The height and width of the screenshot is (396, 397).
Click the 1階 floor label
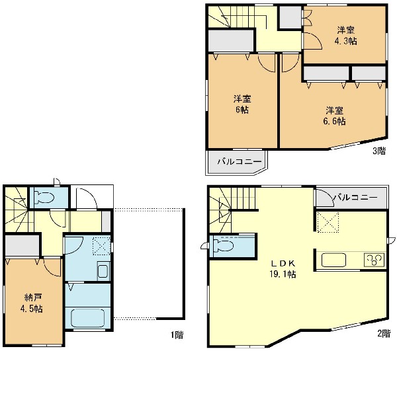pos(177,335)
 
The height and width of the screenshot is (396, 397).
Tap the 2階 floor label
pos(384,333)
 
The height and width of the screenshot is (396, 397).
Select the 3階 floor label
pos(379,151)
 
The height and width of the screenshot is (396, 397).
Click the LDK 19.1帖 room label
pos(283,268)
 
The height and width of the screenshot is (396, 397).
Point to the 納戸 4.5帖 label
pos(32,303)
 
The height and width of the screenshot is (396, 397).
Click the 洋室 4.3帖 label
pos(345,36)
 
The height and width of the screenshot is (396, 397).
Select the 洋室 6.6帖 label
pos(334,116)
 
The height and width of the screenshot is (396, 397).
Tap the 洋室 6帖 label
pos(242,104)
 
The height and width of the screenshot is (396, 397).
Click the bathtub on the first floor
pos(88,318)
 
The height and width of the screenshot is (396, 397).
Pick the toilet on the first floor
pos(44,197)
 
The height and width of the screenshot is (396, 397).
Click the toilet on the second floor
pos(223,245)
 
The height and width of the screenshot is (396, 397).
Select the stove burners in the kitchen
pos(375,260)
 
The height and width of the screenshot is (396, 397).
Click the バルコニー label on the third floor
pos(240,161)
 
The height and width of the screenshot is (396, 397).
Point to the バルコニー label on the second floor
pos(355,197)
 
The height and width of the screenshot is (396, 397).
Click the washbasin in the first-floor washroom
pos(103,270)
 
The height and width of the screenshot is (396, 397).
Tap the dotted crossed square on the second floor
pos(328,222)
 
